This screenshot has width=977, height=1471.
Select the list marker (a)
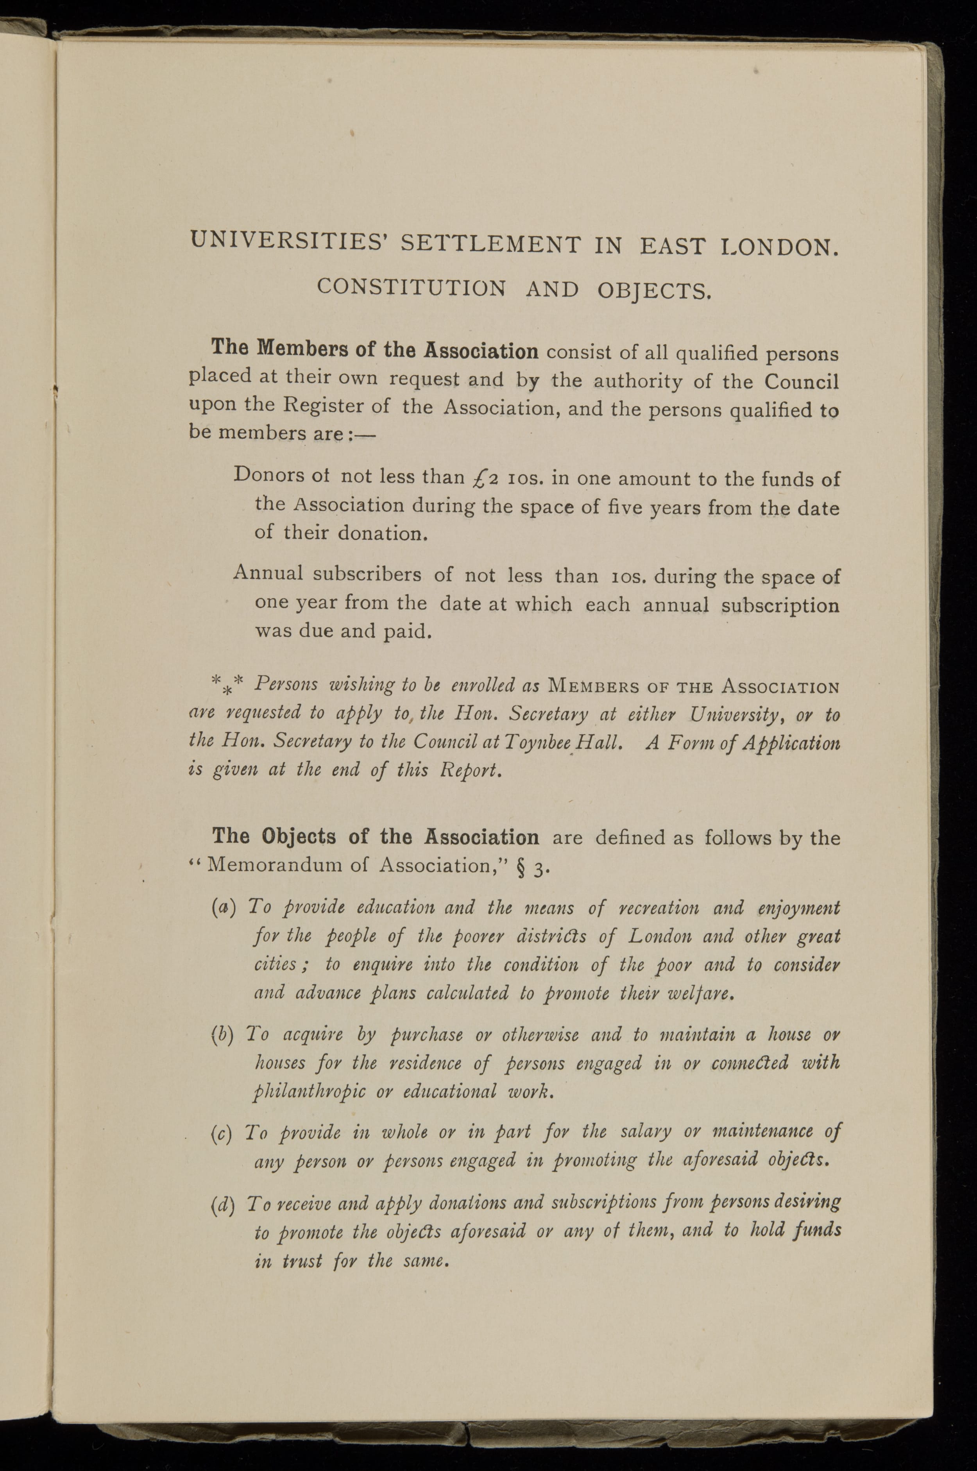click(222, 907)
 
